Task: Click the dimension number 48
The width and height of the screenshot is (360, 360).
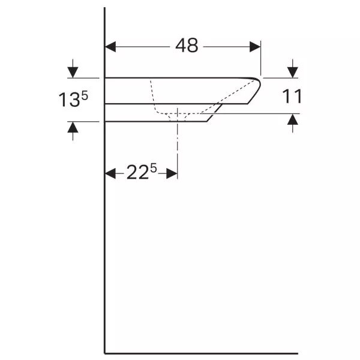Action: click(187, 46)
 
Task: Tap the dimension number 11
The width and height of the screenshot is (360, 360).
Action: click(292, 96)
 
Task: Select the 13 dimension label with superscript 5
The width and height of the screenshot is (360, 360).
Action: click(73, 99)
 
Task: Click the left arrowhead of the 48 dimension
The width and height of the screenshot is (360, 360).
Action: click(110, 47)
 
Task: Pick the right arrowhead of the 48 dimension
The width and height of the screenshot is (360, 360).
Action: click(255, 47)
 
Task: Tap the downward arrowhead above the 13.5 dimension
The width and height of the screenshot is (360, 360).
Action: click(73, 73)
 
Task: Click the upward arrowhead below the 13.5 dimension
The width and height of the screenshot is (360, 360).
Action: click(73, 127)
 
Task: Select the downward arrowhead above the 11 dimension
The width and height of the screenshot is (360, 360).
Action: click(293, 73)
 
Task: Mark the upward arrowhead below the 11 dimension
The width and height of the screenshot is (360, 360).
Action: click(293, 119)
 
